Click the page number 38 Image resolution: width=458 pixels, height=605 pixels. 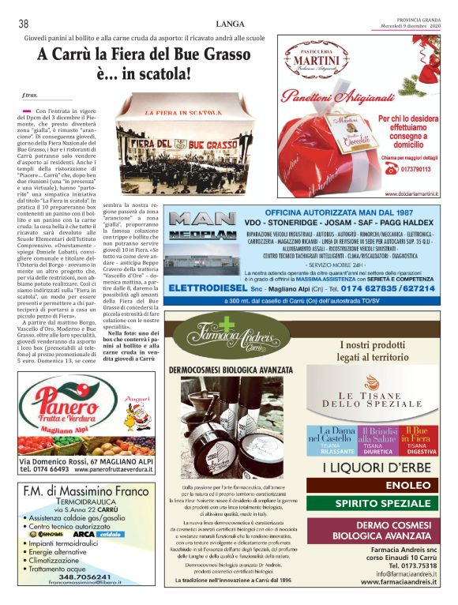24,24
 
